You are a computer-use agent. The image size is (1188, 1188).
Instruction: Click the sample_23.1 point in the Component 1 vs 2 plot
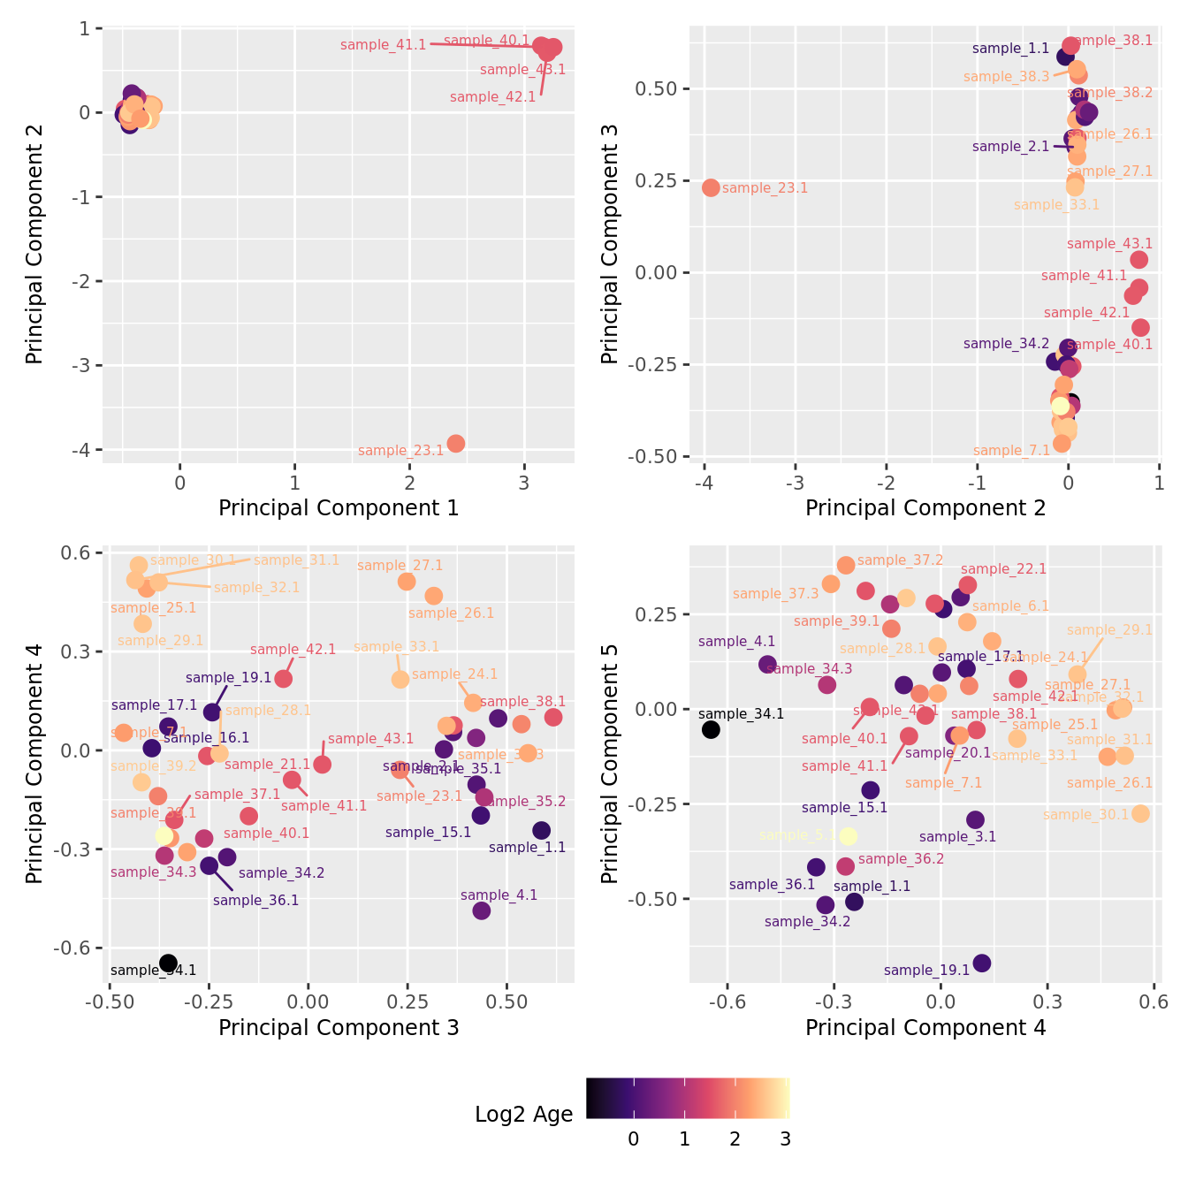455,443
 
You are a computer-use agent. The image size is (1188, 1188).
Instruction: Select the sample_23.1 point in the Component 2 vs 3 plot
711,187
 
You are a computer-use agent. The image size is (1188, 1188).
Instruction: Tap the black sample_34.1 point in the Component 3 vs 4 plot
168,963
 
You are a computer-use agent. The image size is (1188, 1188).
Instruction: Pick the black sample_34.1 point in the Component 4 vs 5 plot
711,729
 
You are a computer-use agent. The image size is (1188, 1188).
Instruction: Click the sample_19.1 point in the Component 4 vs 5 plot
981,963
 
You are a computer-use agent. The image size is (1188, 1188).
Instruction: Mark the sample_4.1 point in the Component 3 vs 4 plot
481,910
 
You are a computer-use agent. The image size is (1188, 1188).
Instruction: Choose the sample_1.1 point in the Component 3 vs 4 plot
541,830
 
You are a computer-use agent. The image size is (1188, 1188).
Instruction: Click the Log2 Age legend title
523,1114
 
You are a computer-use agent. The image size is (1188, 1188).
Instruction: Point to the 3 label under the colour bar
785,1139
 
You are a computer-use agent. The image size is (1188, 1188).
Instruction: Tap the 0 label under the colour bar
633,1139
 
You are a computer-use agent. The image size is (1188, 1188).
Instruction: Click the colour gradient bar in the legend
688,1099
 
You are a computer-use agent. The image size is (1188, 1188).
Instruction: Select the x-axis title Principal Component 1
339,508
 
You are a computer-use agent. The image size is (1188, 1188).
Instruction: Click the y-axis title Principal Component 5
610,763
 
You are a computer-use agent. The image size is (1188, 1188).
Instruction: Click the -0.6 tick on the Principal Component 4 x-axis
727,1001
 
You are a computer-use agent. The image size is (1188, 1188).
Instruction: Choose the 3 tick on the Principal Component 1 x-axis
524,483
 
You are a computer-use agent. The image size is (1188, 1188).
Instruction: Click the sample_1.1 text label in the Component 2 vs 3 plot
1010,49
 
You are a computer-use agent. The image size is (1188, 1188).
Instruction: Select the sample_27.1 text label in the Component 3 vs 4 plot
400,566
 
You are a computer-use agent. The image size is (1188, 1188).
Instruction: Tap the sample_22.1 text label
1003,569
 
